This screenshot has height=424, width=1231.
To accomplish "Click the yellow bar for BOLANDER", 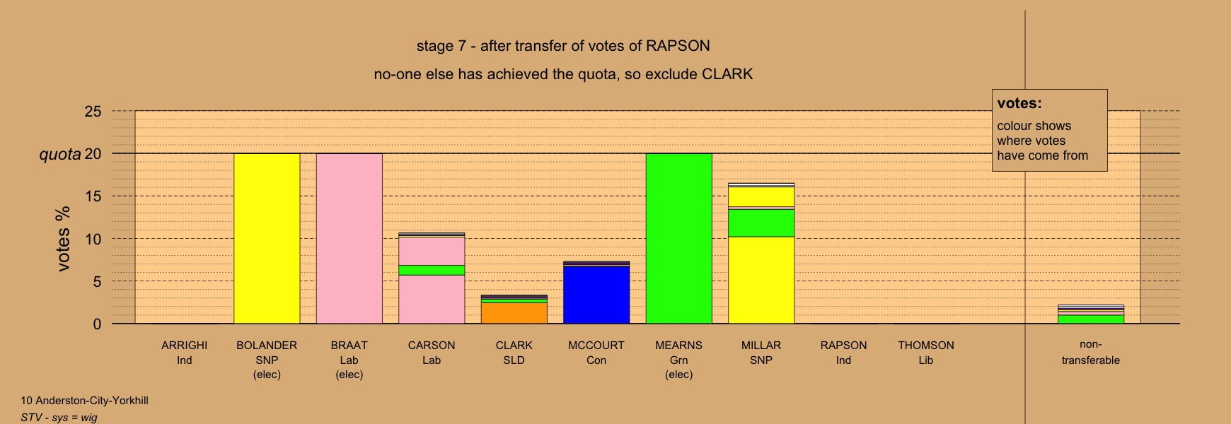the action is coord(267,239).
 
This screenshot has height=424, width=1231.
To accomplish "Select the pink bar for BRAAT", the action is coord(349,239).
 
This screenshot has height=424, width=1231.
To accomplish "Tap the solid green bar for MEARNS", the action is coord(679,239).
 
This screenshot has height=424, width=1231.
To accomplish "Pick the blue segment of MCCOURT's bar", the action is coord(596,295).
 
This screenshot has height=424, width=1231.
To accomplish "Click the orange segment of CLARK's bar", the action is coord(514,313).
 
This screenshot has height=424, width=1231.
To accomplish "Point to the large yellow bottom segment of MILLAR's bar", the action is coord(761,280).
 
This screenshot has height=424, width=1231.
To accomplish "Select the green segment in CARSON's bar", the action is coord(432,270).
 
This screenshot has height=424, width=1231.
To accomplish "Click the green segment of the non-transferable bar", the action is coord(1091,319).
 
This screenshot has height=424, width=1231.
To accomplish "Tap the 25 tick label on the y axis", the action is coord(93,112).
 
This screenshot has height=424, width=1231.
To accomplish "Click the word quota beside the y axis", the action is coord(60,154).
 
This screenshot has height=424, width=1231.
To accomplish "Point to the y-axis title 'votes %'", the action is coord(63,239).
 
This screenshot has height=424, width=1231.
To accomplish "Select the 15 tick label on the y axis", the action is coord(93,196).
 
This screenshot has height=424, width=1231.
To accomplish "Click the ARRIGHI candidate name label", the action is coord(185,346).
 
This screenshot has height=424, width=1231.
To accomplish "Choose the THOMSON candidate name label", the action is coord(926,346).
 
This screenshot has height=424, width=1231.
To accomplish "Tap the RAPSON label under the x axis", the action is coord(843,346).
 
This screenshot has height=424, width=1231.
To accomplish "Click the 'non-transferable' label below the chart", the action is coord(1091,353).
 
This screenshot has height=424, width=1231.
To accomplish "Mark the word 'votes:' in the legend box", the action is coord(1019,103).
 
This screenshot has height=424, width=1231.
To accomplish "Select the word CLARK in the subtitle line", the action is coord(727,74).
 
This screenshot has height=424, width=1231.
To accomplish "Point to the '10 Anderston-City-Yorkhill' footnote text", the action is coord(84,401).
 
